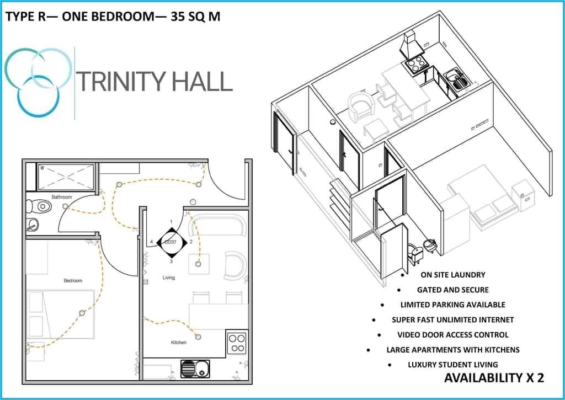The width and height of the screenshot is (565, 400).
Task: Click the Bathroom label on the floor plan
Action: click(x=62, y=197)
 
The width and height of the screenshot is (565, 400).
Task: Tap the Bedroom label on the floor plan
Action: click(x=73, y=280)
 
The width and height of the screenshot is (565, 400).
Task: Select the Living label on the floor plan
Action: click(x=169, y=278)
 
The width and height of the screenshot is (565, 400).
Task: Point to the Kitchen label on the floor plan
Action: click(x=179, y=342)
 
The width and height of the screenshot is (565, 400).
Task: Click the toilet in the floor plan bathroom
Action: click(x=38, y=206)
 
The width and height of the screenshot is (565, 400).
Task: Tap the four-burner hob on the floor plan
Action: click(x=237, y=343)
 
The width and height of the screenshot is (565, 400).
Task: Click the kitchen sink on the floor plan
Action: click(x=195, y=369)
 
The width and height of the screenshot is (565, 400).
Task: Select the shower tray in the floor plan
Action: click(x=66, y=177)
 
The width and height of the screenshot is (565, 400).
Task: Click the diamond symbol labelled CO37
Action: click(x=172, y=242)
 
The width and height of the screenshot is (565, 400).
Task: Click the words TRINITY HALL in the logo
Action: click(x=154, y=82)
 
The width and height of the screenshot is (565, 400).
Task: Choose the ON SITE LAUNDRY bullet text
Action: click(x=453, y=275)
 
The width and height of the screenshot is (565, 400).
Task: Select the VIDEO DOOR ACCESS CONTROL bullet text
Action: click(x=453, y=335)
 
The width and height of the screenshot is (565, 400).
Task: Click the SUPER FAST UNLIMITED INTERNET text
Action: click(x=453, y=319)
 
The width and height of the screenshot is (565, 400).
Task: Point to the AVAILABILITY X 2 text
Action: click(x=494, y=378)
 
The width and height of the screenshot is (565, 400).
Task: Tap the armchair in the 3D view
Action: click(x=361, y=106)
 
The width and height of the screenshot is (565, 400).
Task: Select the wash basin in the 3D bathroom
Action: click(x=430, y=246)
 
